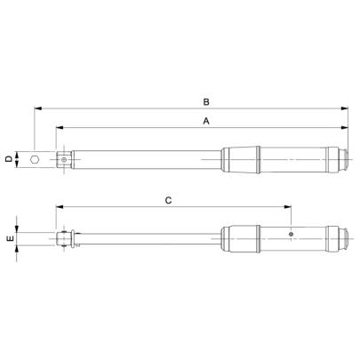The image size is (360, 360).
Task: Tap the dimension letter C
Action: click(168, 201)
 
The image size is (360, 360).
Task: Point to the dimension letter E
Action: click(9, 240)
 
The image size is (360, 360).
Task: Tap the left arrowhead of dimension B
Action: click(37, 108)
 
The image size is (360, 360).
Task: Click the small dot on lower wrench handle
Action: click(291, 234)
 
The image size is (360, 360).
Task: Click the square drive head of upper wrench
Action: click(66, 160)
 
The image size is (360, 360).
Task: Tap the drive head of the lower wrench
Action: click(65, 239)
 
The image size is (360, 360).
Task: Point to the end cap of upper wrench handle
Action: click(342, 160)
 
